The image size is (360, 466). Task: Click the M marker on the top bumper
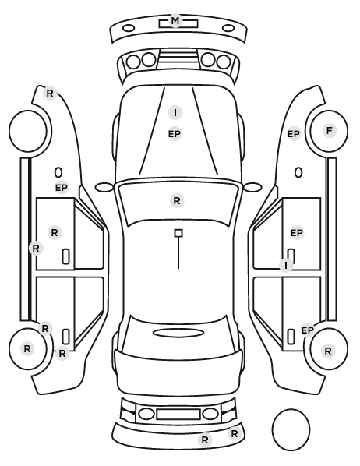(x=175, y=21)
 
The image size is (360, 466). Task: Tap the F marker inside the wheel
(x=329, y=130)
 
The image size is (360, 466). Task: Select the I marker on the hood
(x=175, y=113)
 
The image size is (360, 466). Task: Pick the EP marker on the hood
(x=175, y=134)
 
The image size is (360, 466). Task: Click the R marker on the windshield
(x=177, y=200)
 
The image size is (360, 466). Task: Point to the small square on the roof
(x=178, y=233)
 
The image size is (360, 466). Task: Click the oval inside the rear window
(x=178, y=333)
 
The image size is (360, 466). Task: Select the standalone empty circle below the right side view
(x=291, y=429)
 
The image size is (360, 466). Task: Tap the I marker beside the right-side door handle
(x=286, y=265)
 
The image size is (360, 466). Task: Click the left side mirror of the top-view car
(x=104, y=187)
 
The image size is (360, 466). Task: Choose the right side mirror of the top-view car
(x=252, y=187)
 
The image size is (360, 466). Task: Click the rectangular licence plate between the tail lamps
(x=178, y=415)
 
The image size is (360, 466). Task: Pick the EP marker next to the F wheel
(x=294, y=134)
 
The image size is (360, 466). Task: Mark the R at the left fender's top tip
(x=50, y=94)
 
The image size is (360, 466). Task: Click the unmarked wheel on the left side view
(x=28, y=131)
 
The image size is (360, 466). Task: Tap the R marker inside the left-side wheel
(x=27, y=348)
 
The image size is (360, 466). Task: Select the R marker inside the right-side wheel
(x=328, y=351)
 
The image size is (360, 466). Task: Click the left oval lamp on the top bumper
(x=129, y=29)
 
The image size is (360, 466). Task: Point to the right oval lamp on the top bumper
(x=228, y=29)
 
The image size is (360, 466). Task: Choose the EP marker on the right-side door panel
(x=296, y=233)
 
